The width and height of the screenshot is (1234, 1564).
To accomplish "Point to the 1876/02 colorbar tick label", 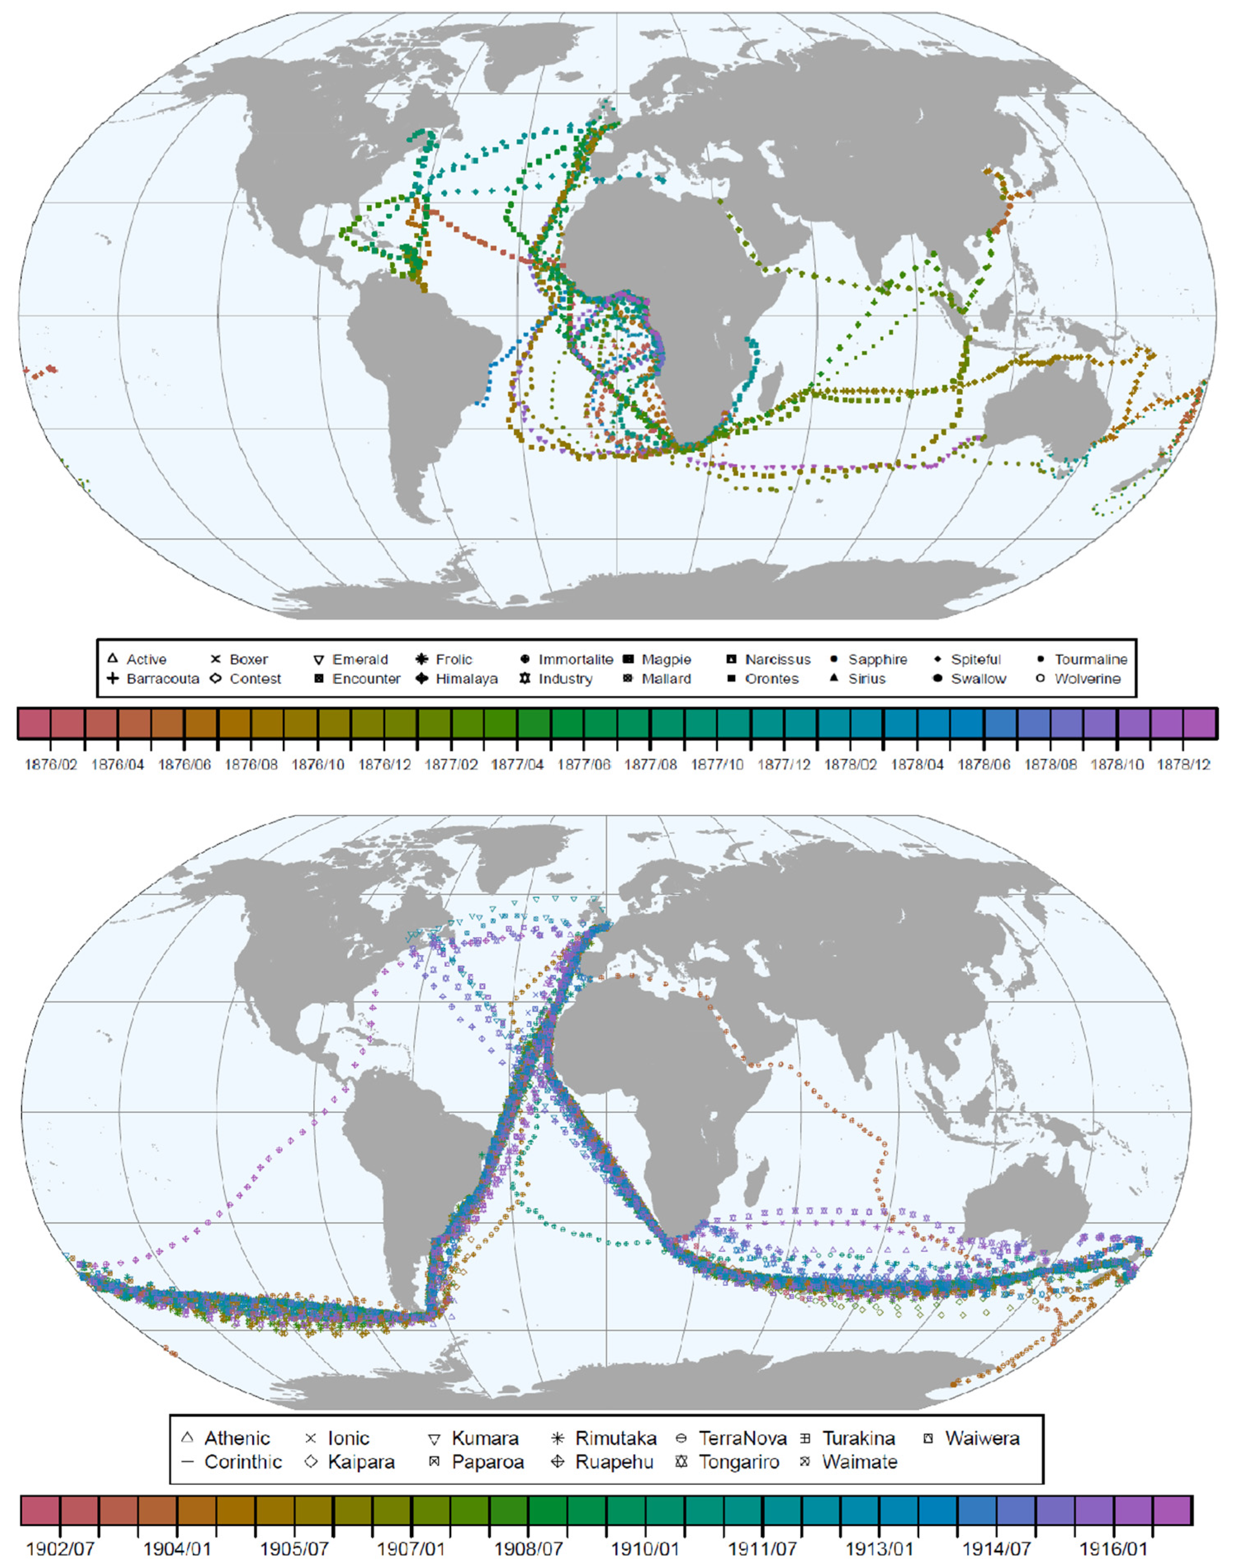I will coord(51,764).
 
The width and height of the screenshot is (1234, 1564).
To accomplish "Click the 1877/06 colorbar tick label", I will coord(584,764).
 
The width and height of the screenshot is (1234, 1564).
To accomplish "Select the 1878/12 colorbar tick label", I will coord(1183,764).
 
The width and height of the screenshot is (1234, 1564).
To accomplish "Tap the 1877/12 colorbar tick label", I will coord(784,764).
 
